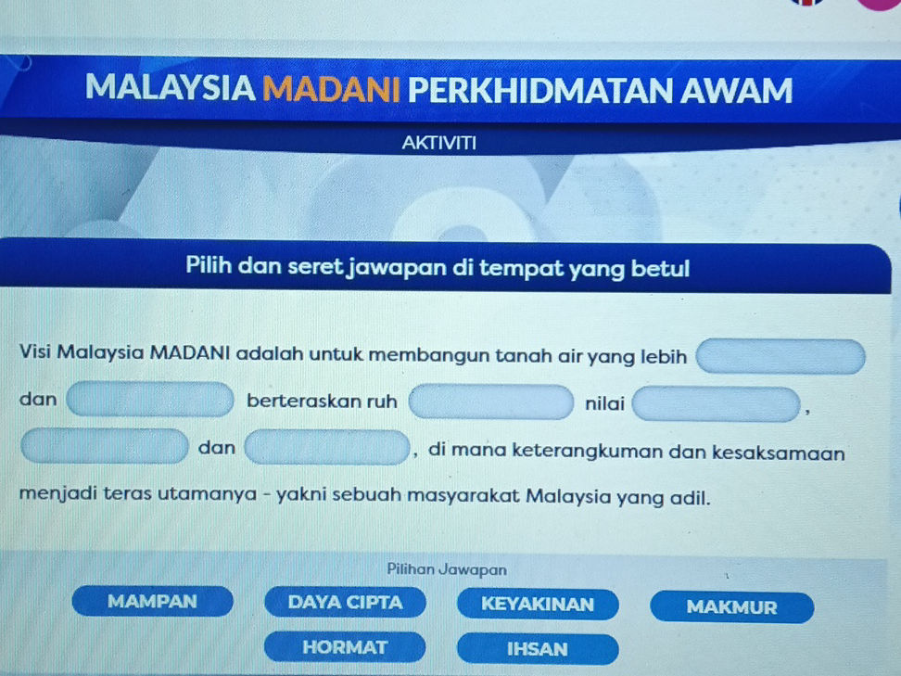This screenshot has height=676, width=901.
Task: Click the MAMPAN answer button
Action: click(152, 601)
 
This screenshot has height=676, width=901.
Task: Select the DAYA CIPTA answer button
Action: click(345, 603)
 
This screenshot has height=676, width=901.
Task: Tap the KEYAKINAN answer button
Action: click(538, 605)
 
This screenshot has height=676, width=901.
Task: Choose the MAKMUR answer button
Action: click(731, 607)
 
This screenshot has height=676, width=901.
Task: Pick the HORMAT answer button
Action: click(345, 646)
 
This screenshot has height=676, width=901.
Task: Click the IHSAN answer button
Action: click(538, 649)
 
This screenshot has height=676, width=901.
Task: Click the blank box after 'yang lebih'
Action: click(781, 357)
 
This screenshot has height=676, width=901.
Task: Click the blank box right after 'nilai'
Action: click(717, 404)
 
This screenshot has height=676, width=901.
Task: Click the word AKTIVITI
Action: click(439, 144)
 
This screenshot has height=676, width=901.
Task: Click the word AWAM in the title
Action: click(736, 91)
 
